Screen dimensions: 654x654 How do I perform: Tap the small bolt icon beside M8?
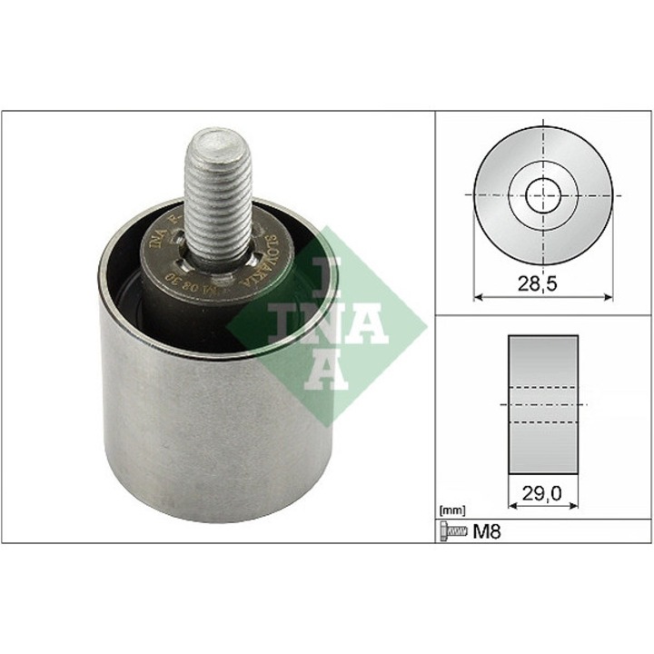click(x=452, y=530)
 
